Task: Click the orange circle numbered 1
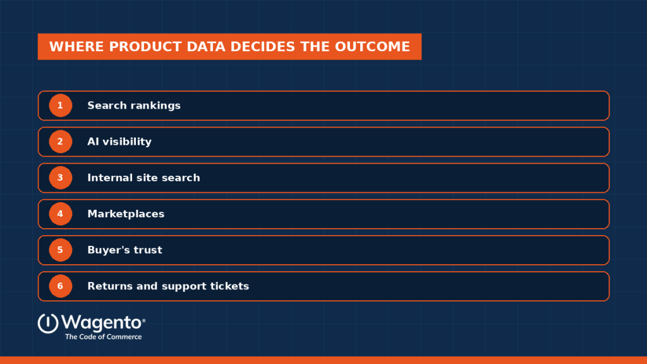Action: point(60,106)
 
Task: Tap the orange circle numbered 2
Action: point(60,142)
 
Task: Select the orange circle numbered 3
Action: point(60,178)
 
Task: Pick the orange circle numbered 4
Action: point(60,214)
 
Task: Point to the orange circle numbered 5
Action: point(60,250)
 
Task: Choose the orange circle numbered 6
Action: point(60,286)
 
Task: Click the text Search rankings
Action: point(134,106)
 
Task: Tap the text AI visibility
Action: point(119,142)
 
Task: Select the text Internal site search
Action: point(143,178)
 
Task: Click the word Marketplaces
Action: point(126,214)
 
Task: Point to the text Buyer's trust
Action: point(124,250)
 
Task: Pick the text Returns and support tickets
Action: point(168,286)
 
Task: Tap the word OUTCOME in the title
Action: point(372,47)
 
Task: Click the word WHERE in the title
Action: point(76,47)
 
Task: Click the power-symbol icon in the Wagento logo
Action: point(48,323)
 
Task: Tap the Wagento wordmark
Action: point(103,323)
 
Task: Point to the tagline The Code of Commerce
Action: point(104,337)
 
